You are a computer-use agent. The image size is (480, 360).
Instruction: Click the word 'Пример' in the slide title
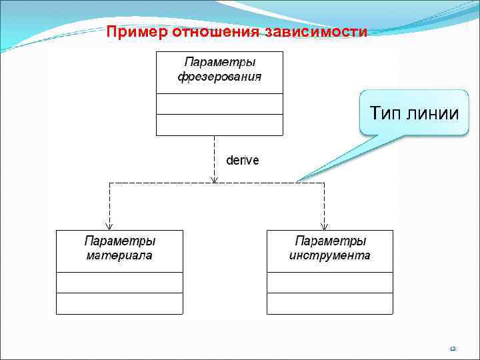(x=137, y=32)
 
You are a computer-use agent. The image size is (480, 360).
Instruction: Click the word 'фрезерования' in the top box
(x=219, y=77)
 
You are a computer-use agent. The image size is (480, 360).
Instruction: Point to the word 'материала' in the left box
(x=119, y=255)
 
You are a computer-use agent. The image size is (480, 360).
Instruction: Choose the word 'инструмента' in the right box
(x=330, y=255)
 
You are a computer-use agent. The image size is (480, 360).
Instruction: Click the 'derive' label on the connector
(x=243, y=161)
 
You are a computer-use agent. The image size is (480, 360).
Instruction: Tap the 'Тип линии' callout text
(x=409, y=113)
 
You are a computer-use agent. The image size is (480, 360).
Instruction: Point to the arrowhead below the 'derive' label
(x=213, y=179)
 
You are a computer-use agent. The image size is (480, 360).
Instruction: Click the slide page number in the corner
(x=453, y=348)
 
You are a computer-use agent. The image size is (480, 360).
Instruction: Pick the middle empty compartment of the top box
(x=219, y=104)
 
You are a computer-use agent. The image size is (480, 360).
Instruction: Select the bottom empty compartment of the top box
(x=219, y=125)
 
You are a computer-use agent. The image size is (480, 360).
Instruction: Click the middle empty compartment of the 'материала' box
(x=119, y=283)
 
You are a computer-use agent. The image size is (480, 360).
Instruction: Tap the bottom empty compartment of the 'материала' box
(x=119, y=303)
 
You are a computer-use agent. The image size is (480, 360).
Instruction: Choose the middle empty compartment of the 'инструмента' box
(x=330, y=283)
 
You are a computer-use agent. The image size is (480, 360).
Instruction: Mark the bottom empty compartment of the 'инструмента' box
(x=330, y=303)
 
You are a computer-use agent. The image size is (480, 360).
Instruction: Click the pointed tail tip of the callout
(x=298, y=181)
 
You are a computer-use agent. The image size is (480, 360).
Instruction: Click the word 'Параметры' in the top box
(x=219, y=63)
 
